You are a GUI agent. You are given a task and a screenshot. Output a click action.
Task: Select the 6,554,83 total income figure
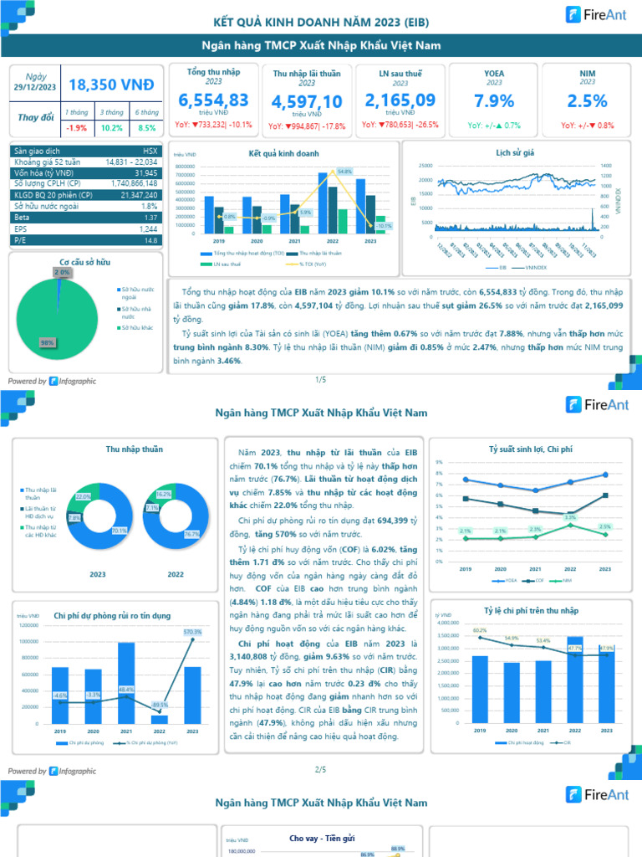point(213,100)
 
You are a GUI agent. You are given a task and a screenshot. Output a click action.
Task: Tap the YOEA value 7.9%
point(494,101)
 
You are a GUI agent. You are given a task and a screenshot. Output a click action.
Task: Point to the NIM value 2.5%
point(587,101)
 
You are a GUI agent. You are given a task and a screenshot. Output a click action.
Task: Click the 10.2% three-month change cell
point(111,128)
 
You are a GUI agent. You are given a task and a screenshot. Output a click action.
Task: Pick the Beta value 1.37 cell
point(150,217)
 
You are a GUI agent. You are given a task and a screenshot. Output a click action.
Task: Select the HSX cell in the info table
point(150,151)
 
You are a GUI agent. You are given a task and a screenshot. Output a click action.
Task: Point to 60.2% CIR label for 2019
point(479,630)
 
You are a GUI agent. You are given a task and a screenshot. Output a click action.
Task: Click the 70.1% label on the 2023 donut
point(119,531)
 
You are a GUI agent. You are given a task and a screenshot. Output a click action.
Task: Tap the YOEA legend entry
point(507,579)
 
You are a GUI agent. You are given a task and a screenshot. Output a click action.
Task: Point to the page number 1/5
point(320,380)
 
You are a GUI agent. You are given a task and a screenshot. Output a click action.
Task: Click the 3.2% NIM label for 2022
point(570,517)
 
